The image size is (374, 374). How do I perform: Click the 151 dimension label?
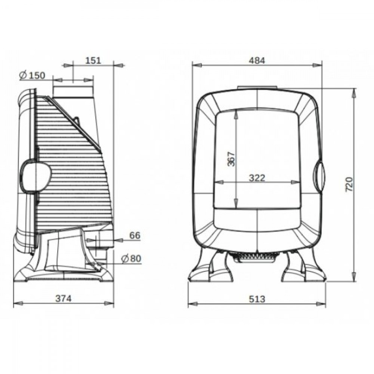(93, 60)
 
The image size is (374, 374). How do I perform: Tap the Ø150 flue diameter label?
(33, 76)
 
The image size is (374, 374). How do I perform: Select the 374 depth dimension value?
(63, 298)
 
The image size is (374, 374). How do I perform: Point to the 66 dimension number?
(135, 235)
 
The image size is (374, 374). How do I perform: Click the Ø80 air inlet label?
(131, 258)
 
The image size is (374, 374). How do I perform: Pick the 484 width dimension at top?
(257, 61)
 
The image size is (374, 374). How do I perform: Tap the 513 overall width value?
(257, 299)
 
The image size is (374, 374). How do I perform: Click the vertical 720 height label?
(349, 184)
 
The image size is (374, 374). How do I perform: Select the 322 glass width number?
(257, 178)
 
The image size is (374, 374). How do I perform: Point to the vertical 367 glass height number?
(231, 159)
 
